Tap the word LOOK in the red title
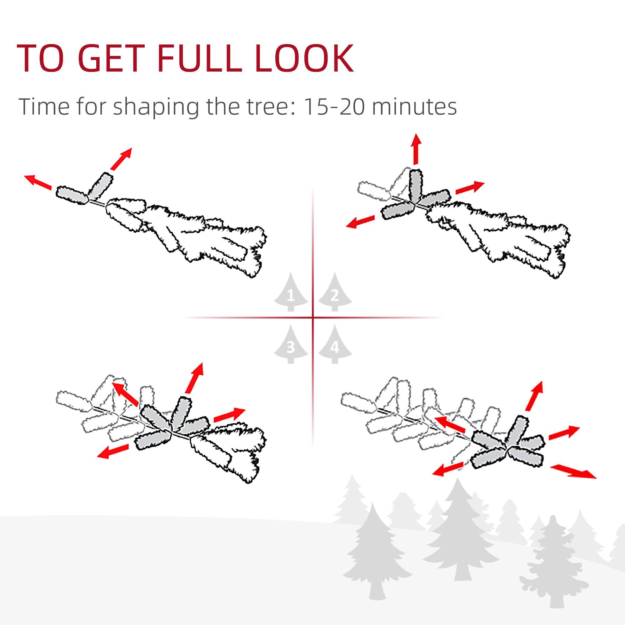[x=304, y=59]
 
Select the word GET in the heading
[x=105, y=59]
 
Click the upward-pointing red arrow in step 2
[x=416, y=149]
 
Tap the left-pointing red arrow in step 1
[x=38, y=182]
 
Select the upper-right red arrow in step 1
[x=121, y=158]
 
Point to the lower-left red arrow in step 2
[x=360, y=222]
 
